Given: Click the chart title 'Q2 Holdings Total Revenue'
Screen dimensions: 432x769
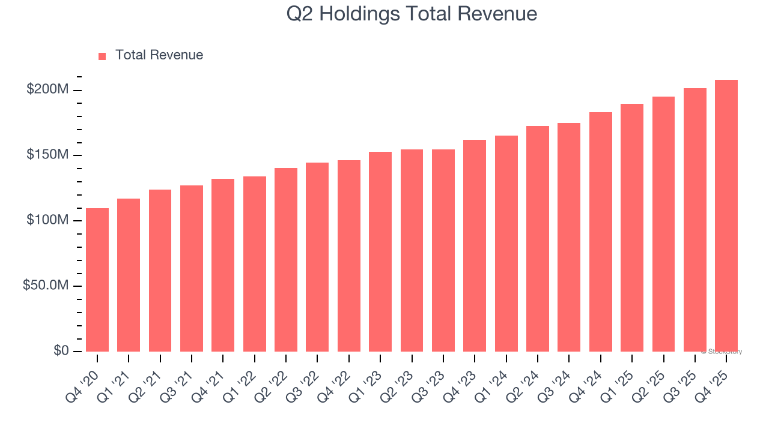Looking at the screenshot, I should coord(412,14).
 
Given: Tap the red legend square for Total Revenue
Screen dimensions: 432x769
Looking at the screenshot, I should coord(102,56).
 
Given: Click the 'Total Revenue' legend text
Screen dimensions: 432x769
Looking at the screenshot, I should coord(159,55).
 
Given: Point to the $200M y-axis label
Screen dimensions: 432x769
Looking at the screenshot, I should coord(47,90).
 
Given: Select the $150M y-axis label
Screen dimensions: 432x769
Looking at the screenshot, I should coord(47,155).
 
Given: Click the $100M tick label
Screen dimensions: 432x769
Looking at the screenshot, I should coord(47,221).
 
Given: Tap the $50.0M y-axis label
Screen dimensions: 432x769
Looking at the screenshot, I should coord(45,286).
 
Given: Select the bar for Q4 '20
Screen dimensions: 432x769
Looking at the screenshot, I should coord(97,280).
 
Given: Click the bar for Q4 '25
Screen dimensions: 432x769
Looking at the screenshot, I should coord(726,216).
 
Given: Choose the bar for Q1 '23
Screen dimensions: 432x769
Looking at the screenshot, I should coord(380,252).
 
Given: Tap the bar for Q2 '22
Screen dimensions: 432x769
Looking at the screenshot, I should coord(286,260).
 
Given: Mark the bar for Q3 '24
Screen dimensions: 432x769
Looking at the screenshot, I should coord(569,237).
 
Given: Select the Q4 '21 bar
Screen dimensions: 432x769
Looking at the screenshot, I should coord(223,265).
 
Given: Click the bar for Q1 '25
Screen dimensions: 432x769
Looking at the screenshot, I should coord(632,228).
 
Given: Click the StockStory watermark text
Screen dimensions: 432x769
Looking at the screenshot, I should coord(722,352).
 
